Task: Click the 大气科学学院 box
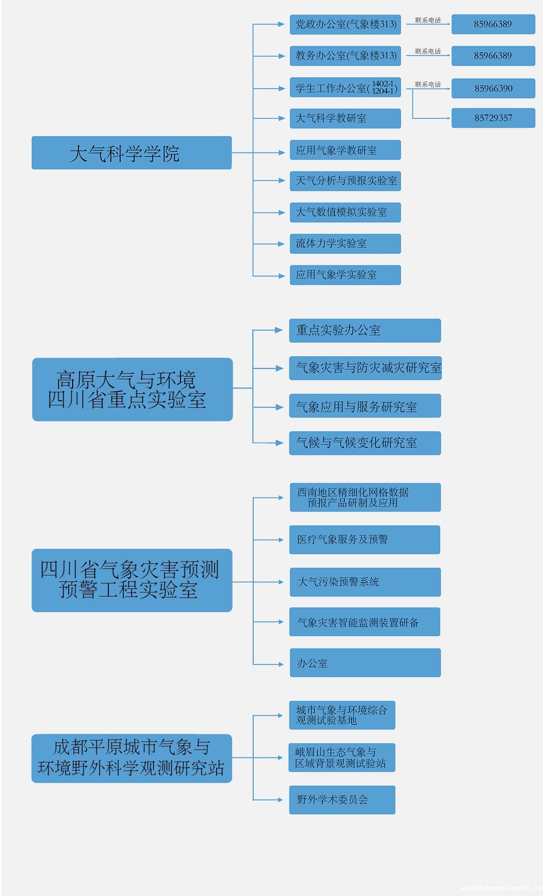[x=131, y=153]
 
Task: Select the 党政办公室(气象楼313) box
[x=345, y=25]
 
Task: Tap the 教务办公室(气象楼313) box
[x=345, y=56]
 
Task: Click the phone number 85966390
[x=493, y=88]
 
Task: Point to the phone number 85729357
[x=493, y=118]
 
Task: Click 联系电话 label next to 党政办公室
[x=428, y=21]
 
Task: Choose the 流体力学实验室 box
[x=345, y=244]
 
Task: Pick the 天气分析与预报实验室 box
[x=345, y=181]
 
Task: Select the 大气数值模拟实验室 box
[x=345, y=212]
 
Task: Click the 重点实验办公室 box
[x=365, y=331]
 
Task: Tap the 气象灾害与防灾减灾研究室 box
[x=365, y=368]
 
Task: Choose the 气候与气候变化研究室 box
[x=365, y=443]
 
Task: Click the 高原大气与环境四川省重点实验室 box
[x=132, y=389]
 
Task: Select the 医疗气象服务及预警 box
[x=365, y=540]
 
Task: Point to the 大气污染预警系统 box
[x=365, y=582]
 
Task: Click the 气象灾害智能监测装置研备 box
[x=365, y=622]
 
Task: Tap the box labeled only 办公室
[x=365, y=663]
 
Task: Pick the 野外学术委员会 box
[x=342, y=800]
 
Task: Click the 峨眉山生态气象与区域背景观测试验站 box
[x=342, y=758]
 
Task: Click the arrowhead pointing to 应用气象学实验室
[x=282, y=276]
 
